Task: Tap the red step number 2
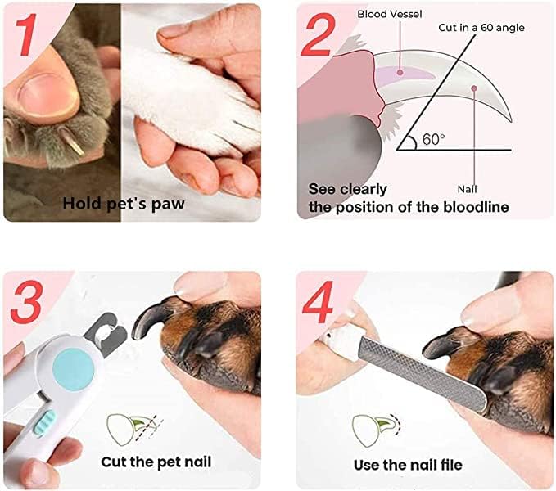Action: tap(318, 35)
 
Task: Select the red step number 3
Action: tap(27, 301)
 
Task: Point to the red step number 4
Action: tap(318, 302)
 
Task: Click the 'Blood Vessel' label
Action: tap(389, 14)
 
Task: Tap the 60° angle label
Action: tap(433, 140)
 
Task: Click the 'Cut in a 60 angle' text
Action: tap(481, 28)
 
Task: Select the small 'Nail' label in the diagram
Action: tap(467, 189)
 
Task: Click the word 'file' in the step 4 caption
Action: tap(451, 465)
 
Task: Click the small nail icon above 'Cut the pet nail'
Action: tap(135, 429)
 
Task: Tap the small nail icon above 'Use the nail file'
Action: tap(377, 430)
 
